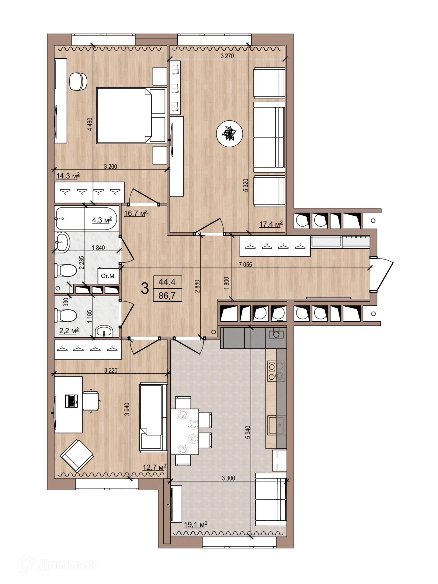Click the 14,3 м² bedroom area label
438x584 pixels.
(x=68, y=176)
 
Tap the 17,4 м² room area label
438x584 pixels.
(x=271, y=224)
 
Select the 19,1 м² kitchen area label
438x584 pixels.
(x=196, y=524)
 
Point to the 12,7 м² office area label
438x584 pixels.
(x=155, y=467)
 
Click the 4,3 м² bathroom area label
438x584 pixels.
(x=102, y=220)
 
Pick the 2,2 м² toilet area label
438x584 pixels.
(x=69, y=331)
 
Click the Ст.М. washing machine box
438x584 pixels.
(x=108, y=276)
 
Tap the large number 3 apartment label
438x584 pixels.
(x=145, y=288)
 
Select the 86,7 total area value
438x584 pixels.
(x=167, y=295)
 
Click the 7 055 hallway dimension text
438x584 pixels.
(x=245, y=265)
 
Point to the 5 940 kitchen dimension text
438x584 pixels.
(x=248, y=432)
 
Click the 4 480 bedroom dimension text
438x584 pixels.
(x=90, y=124)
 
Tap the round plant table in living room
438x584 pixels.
(x=229, y=134)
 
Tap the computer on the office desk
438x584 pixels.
(x=71, y=401)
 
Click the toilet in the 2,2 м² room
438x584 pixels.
(x=65, y=316)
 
